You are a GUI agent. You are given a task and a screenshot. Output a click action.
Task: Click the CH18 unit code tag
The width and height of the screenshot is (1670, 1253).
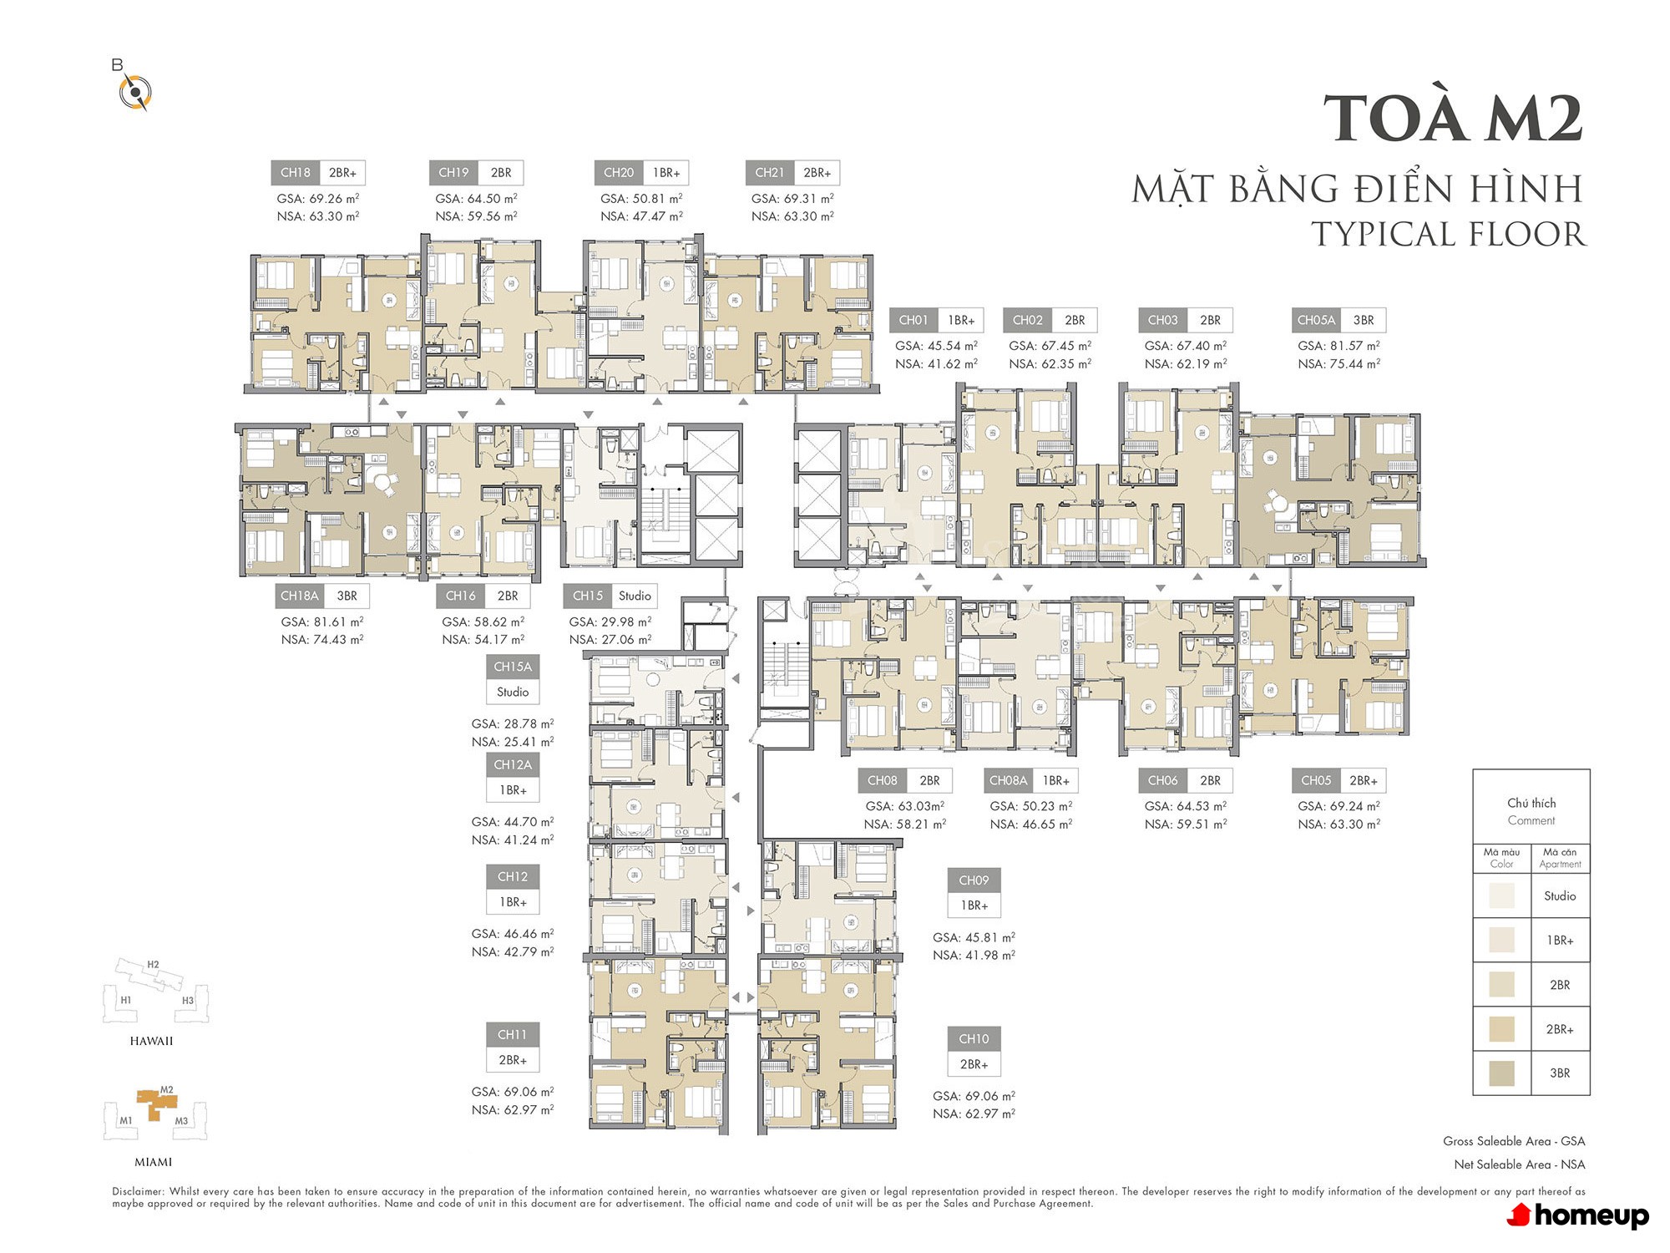pyautogui.click(x=295, y=173)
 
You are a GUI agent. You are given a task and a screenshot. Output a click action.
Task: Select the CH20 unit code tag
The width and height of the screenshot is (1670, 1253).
pyautogui.click(x=618, y=173)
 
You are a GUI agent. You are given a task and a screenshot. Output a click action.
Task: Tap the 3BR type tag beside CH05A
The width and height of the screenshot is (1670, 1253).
pyautogui.click(x=1364, y=320)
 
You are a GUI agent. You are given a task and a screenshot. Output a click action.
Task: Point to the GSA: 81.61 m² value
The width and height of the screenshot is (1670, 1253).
pyautogui.click(x=322, y=621)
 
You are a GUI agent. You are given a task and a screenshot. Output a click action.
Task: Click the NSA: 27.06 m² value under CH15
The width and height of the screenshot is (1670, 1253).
pyautogui.click(x=610, y=639)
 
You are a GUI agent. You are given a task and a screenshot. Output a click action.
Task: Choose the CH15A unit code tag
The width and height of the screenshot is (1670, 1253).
pyautogui.click(x=513, y=667)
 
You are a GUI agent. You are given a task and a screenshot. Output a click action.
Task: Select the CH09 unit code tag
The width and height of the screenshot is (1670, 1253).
pyautogui.click(x=974, y=880)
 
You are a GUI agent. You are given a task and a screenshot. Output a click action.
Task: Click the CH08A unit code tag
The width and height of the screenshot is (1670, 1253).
pyautogui.click(x=1008, y=780)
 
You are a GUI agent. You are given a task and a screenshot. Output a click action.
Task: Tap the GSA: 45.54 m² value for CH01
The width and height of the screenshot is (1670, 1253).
pyautogui.click(x=936, y=345)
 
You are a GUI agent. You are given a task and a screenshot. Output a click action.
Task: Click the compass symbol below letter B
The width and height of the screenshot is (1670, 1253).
pyautogui.click(x=135, y=92)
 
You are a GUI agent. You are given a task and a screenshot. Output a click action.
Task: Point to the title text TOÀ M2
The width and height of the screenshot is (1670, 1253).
pyautogui.click(x=1453, y=118)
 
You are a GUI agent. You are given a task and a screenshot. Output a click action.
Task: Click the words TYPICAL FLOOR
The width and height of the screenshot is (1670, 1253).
pyautogui.click(x=1448, y=234)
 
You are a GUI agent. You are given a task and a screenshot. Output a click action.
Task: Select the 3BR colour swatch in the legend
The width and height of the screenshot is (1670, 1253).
pyautogui.click(x=1501, y=1073)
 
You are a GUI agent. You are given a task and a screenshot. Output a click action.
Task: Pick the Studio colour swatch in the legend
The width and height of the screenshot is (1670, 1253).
pyautogui.click(x=1501, y=895)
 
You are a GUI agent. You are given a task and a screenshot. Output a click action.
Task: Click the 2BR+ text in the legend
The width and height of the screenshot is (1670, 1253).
pyautogui.click(x=1560, y=1029)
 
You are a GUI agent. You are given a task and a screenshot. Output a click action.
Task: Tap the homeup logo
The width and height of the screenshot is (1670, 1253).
pyautogui.click(x=1577, y=1215)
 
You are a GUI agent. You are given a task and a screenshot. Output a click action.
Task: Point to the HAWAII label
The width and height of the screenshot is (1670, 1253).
pyautogui.click(x=151, y=1041)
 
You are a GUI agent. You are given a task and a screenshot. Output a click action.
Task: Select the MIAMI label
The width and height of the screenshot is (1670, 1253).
pyautogui.click(x=153, y=1162)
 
